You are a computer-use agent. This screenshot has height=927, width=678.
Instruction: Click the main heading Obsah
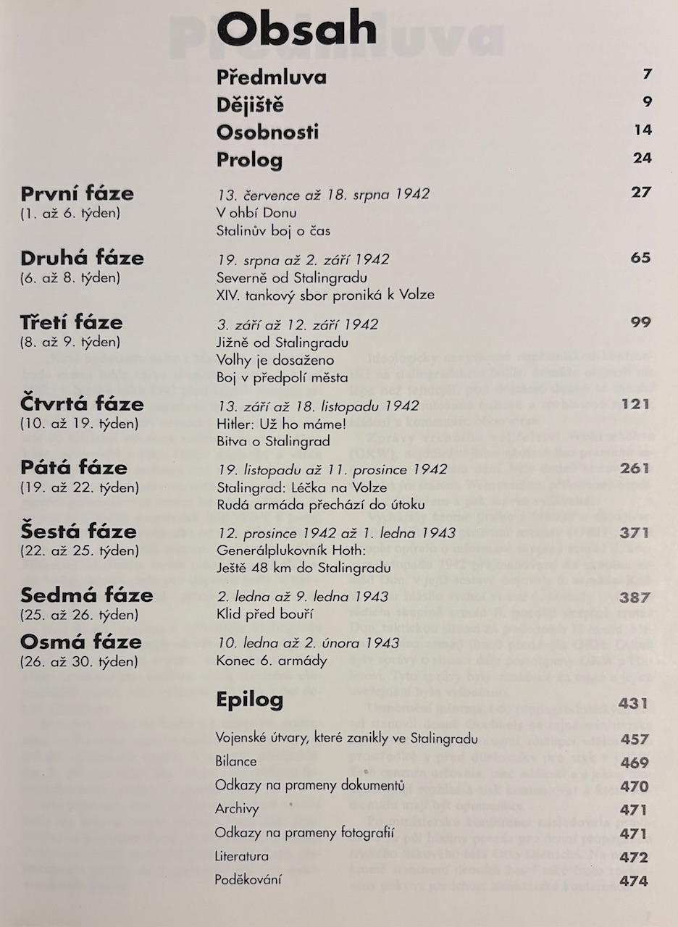pos(297,31)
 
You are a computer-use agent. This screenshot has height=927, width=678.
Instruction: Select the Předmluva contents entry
pos(271,77)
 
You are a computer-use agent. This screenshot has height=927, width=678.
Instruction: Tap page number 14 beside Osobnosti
pos(643,130)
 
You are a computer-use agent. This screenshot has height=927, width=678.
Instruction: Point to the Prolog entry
pos(249,159)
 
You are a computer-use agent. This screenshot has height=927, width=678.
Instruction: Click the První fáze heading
pos(77,193)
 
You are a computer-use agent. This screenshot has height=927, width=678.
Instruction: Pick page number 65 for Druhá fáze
pos(640,258)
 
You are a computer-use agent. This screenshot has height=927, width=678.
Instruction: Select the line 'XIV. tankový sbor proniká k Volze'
pos(325,295)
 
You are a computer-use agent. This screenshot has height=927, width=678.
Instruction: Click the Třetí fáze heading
pos(71,322)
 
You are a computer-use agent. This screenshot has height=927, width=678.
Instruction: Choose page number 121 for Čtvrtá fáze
pos(636,404)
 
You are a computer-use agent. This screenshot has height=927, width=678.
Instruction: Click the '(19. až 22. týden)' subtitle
pos(70,487)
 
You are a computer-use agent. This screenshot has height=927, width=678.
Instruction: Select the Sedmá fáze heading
pos(87,595)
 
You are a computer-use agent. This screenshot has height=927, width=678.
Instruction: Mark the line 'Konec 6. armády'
pos(261,660)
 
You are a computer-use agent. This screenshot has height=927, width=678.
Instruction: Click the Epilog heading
pos(250,700)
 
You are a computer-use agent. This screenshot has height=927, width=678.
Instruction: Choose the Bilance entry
pos(235,762)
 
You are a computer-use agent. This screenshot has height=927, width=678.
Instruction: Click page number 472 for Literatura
pos(635,858)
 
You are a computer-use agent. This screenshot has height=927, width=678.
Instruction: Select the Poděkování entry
pos(248,880)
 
